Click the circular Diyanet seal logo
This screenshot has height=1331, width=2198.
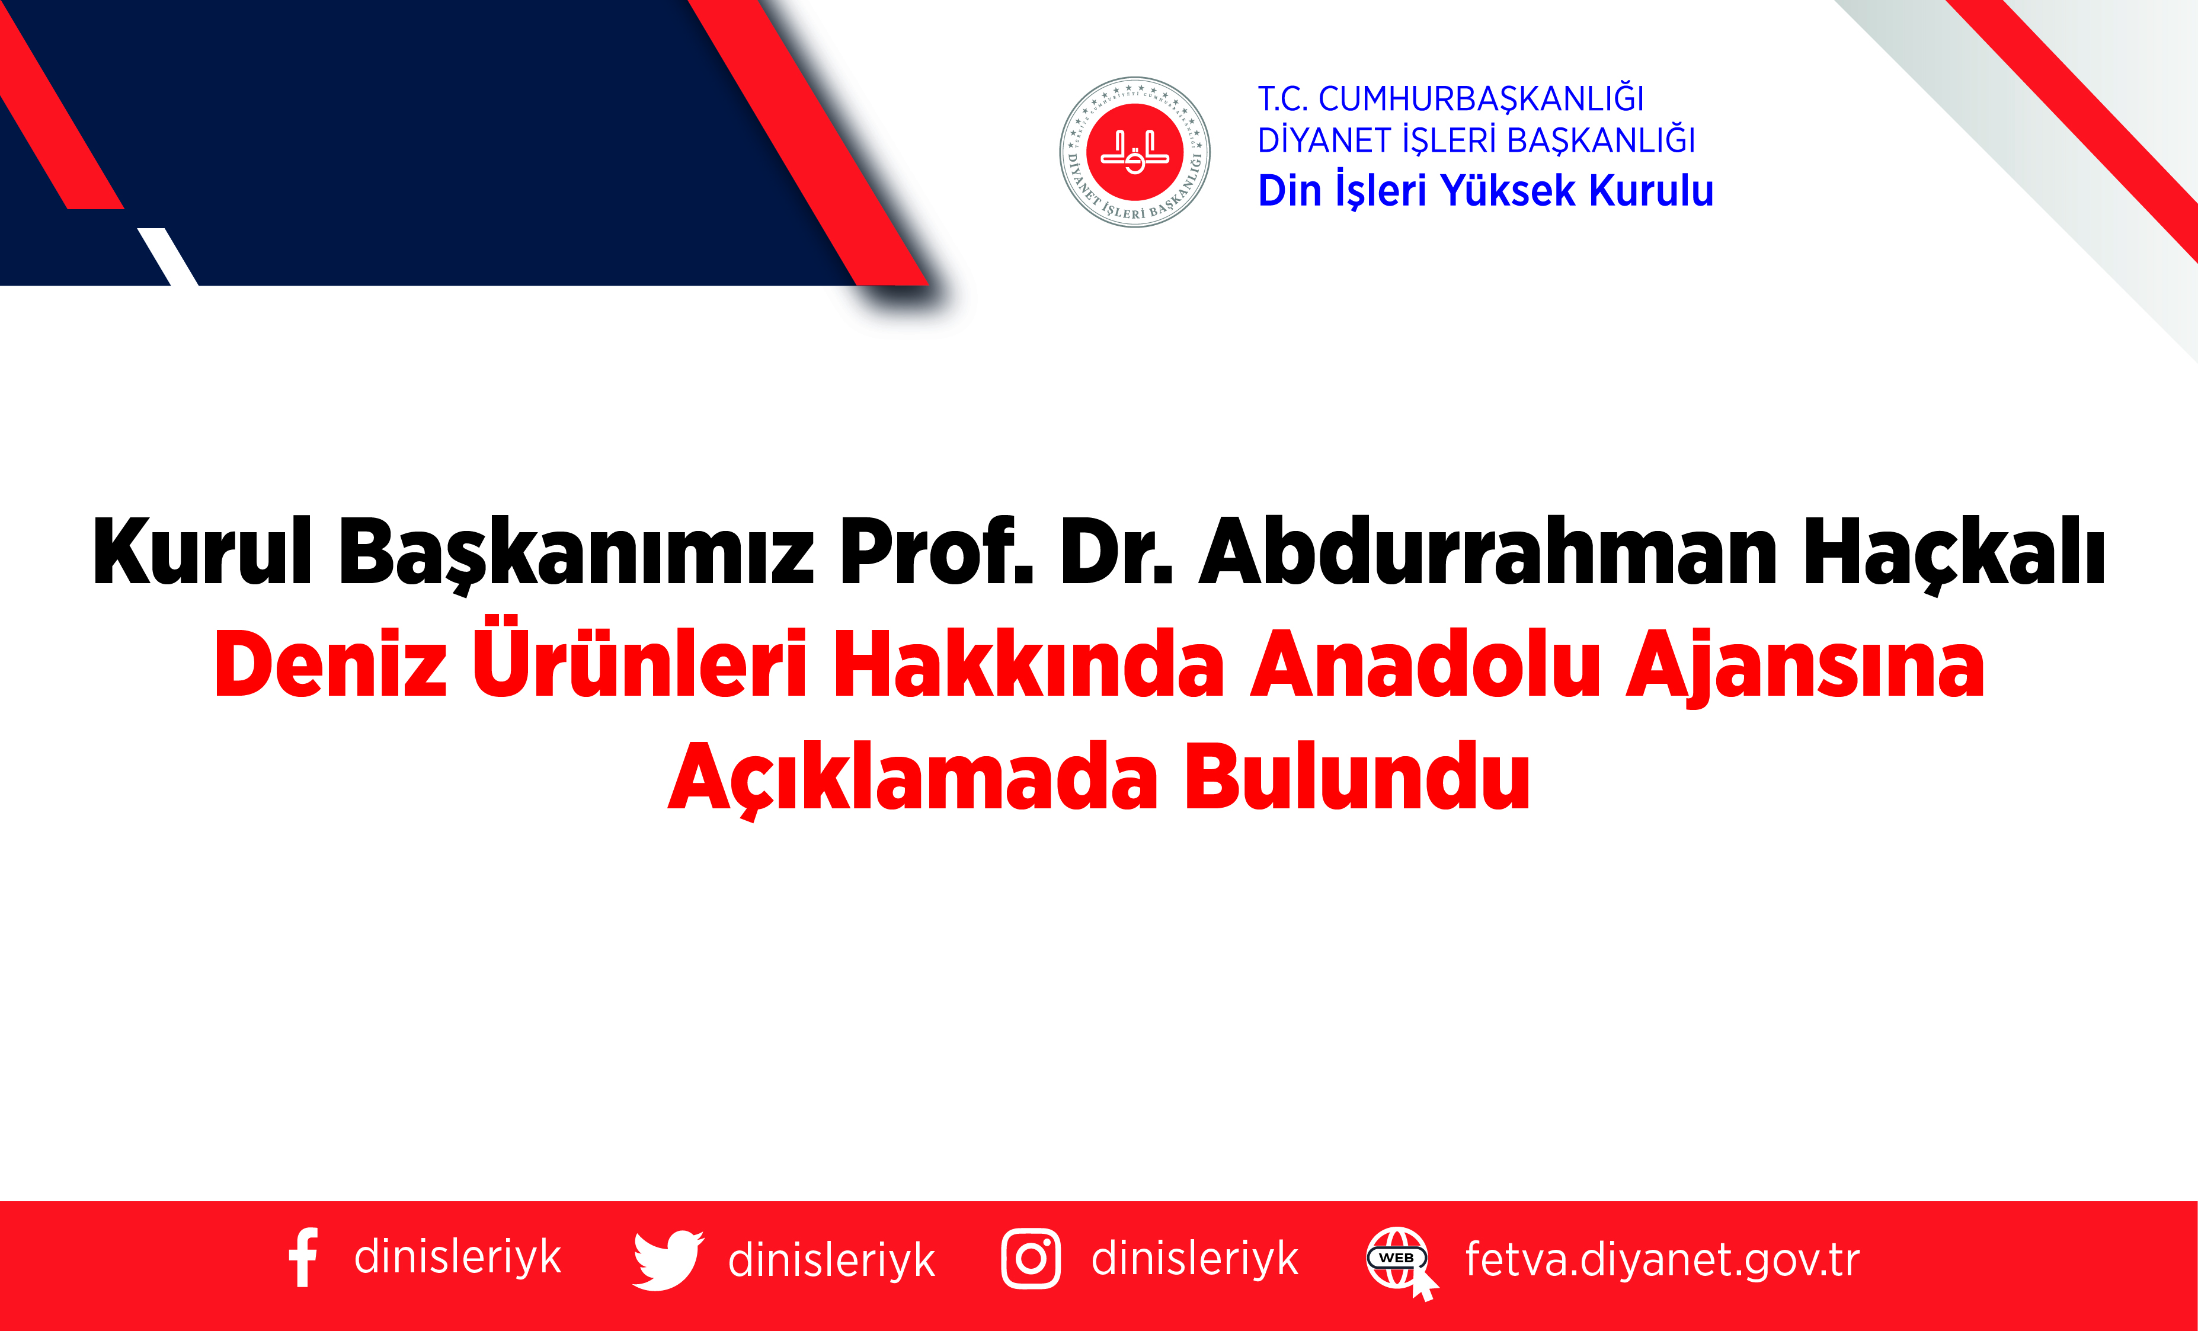tap(1135, 152)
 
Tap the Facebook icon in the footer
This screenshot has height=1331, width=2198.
tap(303, 1258)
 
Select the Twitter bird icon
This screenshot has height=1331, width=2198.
tap(667, 1260)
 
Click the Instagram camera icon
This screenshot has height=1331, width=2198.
tap(1031, 1259)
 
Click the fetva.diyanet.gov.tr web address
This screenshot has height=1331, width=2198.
tap(1662, 1260)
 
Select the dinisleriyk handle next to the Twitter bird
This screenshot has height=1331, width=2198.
tap(831, 1260)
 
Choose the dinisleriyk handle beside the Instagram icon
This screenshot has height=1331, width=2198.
tap(1195, 1259)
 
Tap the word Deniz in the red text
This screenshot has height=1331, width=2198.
tap(330, 664)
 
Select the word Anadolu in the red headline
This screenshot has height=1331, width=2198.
tap(1425, 664)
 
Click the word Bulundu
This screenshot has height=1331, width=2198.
tap(1357, 777)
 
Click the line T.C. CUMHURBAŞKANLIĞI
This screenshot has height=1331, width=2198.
tap(1451, 99)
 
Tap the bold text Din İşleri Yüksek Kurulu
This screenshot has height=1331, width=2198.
tap(1485, 191)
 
